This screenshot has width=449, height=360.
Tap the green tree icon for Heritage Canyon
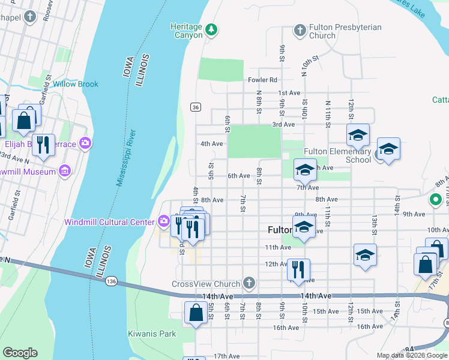[x=211, y=29]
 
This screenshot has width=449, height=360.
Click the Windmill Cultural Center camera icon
[x=163, y=222]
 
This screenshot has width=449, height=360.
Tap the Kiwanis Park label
[x=152, y=334]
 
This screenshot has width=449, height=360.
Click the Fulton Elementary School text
[x=337, y=156]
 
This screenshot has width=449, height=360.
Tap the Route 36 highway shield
[x=196, y=107]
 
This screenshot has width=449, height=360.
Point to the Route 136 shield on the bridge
[x=110, y=281]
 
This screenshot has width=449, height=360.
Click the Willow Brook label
[x=75, y=84]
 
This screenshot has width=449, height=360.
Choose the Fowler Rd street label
[x=262, y=80]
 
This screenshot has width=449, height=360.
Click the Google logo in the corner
[x=20, y=353]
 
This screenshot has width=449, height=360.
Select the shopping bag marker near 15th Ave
[x=196, y=313]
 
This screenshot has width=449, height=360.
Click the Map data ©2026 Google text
[x=411, y=355]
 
